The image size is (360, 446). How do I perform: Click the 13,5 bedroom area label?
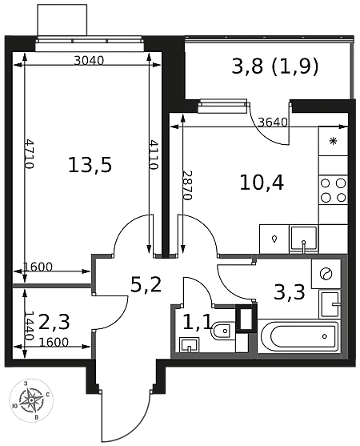(x=90, y=166)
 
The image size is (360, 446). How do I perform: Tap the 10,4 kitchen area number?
(x=262, y=183)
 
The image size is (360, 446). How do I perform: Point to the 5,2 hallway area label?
(x=146, y=285)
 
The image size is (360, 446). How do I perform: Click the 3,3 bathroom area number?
(x=290, y=292)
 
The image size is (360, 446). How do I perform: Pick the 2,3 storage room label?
(x=54, y=323)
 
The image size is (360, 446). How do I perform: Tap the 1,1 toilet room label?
(x=197, y=323)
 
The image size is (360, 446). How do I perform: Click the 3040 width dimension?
(x=89, y=60)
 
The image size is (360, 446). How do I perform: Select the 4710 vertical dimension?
(x=29, y=153)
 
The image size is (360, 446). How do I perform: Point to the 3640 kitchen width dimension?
(x=273, y=123)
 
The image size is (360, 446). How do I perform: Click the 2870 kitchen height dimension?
(x=188, y=186)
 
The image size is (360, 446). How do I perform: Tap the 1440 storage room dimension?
(x=29, y=325)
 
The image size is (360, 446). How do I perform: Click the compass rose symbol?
(x=31, y=400)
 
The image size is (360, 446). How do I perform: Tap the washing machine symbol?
(x=326, y=274)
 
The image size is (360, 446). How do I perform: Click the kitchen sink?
(x=303, y=239)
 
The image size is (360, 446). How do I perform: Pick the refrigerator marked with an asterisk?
(x=334, y=141)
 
